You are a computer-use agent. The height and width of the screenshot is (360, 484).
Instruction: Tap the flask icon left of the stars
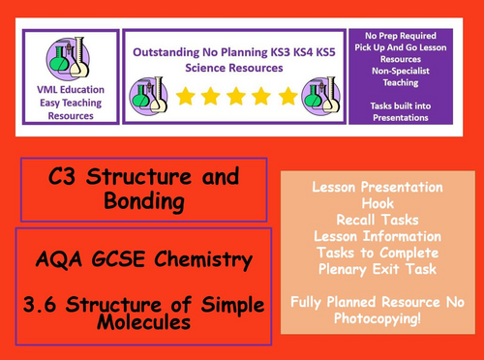pos(151,95)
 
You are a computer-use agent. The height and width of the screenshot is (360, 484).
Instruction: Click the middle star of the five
pos(236,96)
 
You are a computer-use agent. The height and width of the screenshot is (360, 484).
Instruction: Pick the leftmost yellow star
pos(184,96)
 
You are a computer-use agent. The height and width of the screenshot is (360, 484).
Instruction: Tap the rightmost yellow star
pos(288,96)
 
